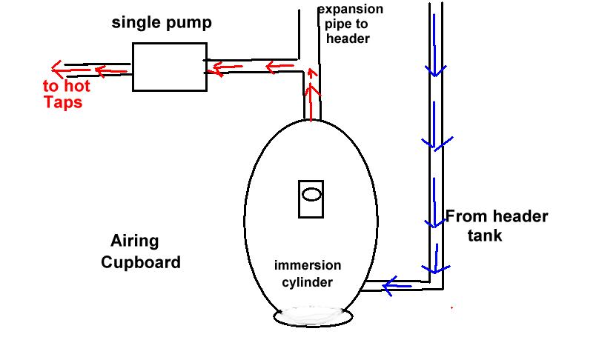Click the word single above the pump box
point(135,23)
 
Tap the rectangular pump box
point(169,67)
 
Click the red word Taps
point(63,102)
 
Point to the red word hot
point(76,86)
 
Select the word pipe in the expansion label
point(331,24)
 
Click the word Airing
point(135,241)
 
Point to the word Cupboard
point(141,262)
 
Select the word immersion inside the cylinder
point(308,265)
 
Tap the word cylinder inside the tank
point(308,282)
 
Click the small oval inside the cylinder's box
point(311,195)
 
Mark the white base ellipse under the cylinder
point(314,316)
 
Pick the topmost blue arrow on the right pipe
point(434,68)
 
